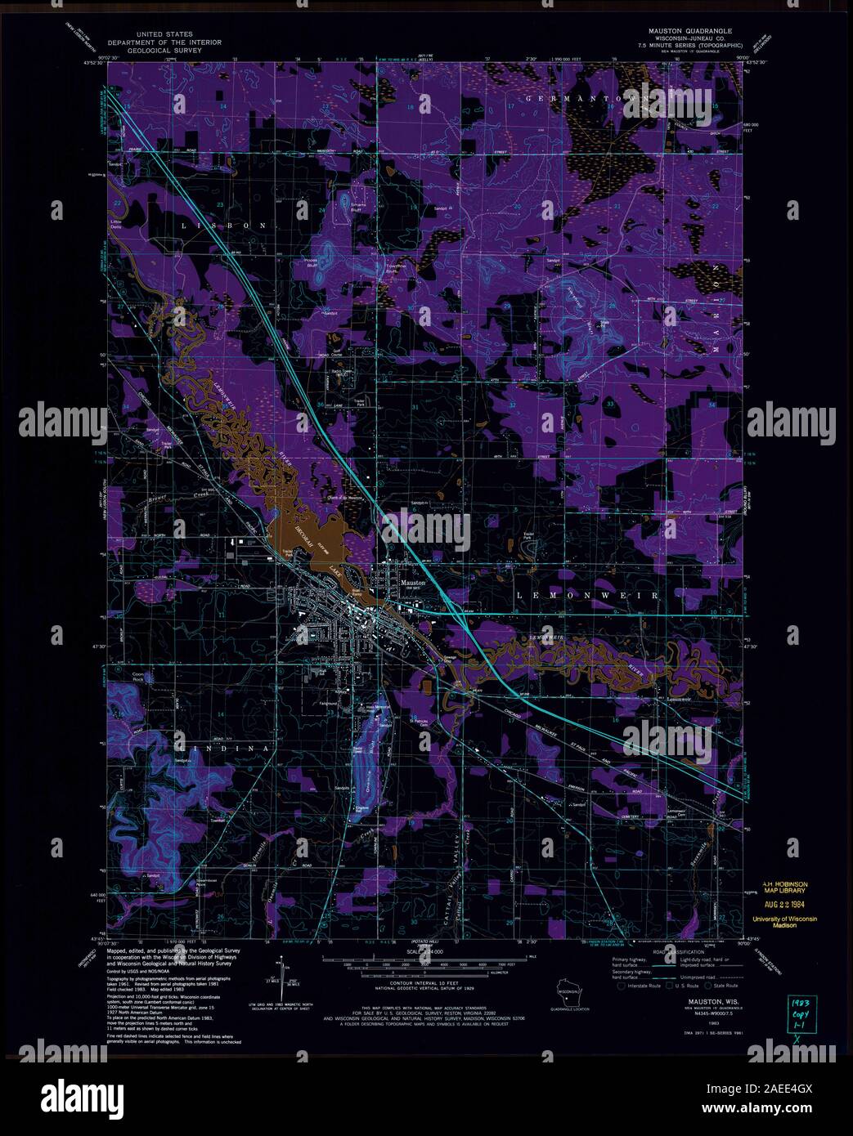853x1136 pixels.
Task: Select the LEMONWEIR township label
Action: coord(588,597)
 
